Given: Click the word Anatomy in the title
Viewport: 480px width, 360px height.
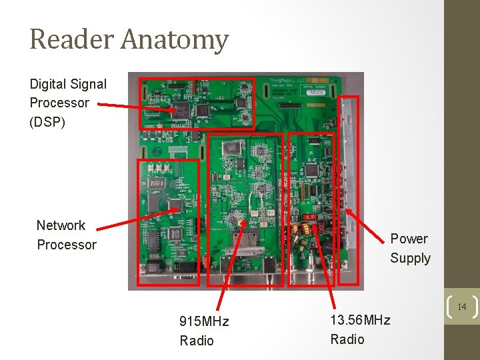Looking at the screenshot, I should pyautogui.click(x=174, y=40).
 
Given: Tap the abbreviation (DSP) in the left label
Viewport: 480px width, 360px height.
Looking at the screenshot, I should pyautogui.click(x=47, y=122).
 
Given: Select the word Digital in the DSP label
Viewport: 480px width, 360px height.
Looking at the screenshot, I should pyautogui.click(x=48, y=84).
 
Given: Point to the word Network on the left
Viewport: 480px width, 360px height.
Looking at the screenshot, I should pyautogui.click(x=61, y=225).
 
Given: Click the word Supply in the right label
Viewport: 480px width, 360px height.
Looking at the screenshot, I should pyautogui.click(x=410, y=258).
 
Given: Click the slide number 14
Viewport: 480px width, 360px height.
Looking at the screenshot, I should pyautogui.click(x=461, y=307).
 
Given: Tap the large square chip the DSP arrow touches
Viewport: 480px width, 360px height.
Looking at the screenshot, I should pyautogui.click(x=180, y=111).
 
